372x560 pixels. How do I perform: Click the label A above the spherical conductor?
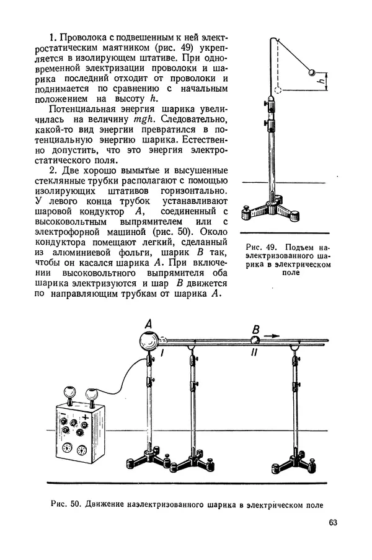148,323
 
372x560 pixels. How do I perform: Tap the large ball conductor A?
149,341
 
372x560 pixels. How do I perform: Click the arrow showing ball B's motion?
272,336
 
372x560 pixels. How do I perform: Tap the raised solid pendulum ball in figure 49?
312,72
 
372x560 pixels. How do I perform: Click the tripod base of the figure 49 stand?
270,210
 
